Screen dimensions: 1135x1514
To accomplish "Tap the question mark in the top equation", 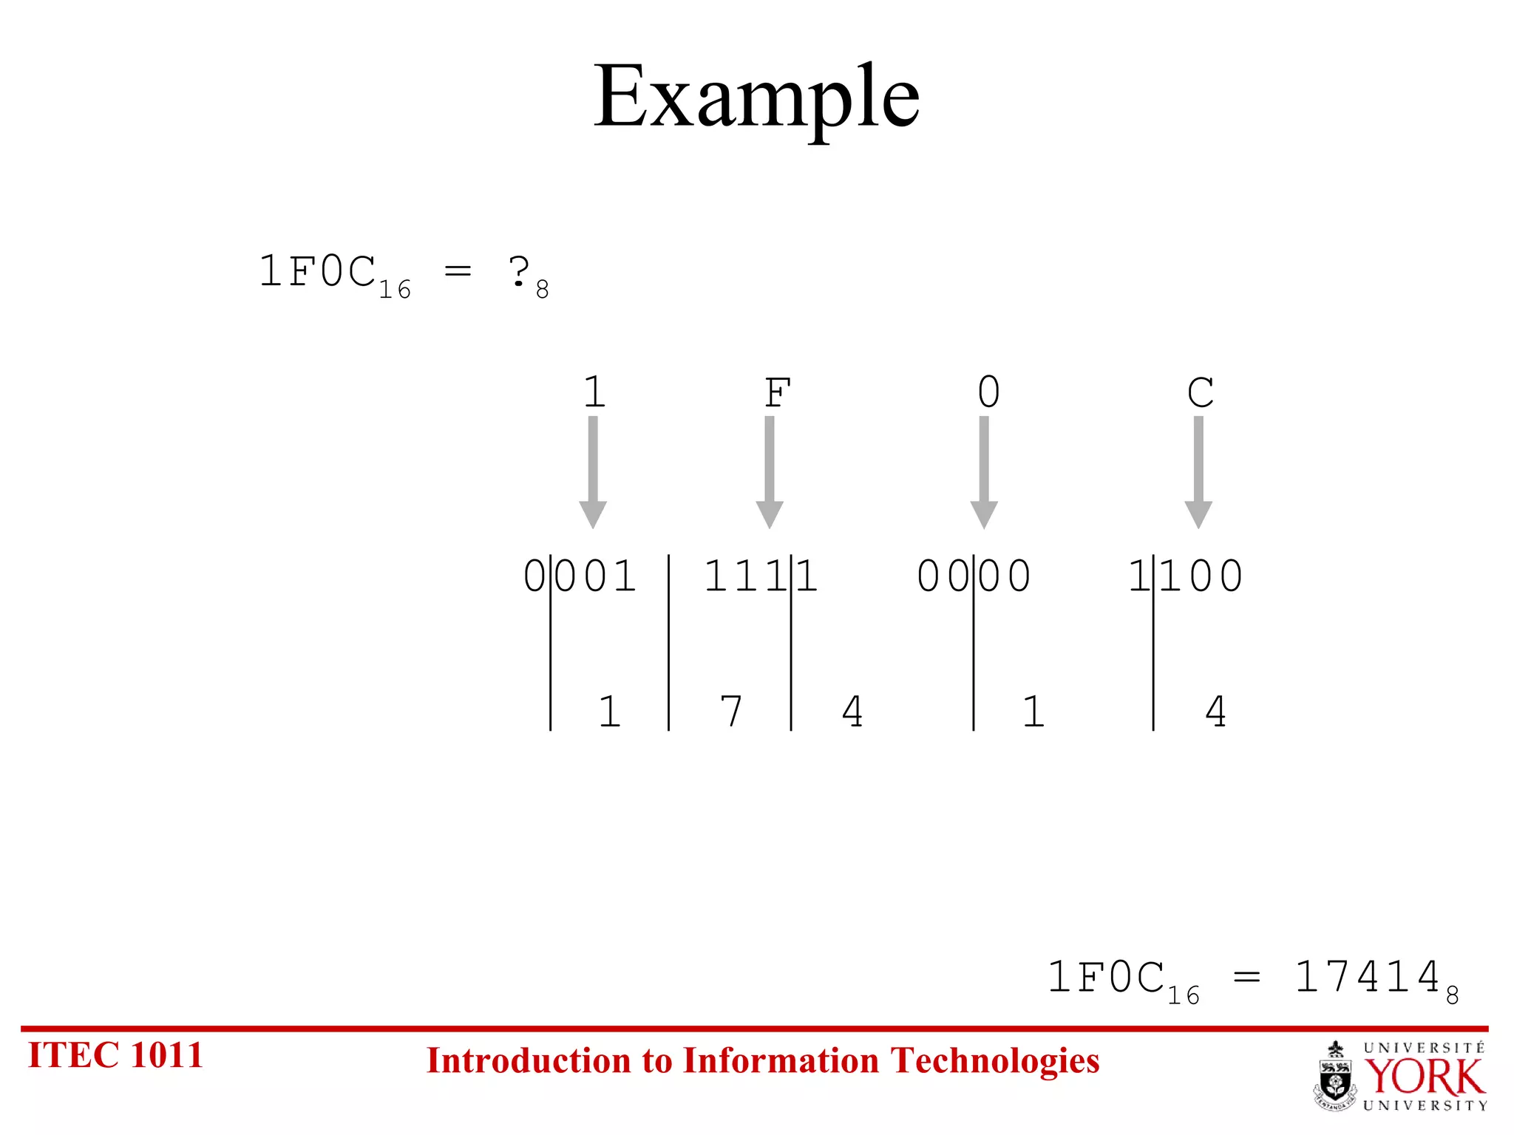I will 519,271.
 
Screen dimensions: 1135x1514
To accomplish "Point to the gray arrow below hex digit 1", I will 593,473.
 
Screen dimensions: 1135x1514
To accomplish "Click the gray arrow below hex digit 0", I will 984,473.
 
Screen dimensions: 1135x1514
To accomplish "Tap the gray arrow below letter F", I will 770,473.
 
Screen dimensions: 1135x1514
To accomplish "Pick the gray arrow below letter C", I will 1198,473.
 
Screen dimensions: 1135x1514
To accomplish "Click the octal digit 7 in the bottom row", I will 730,711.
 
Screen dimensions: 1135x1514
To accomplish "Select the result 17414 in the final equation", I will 1368,976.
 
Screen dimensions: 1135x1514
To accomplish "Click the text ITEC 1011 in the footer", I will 115,1054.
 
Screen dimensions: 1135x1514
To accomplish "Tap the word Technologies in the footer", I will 994,1060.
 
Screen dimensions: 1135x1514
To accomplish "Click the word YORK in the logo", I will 1424,1077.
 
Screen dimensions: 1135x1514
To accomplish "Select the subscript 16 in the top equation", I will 395,290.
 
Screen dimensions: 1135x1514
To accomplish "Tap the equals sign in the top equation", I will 458,271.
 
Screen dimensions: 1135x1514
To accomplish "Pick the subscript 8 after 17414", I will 1453,996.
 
